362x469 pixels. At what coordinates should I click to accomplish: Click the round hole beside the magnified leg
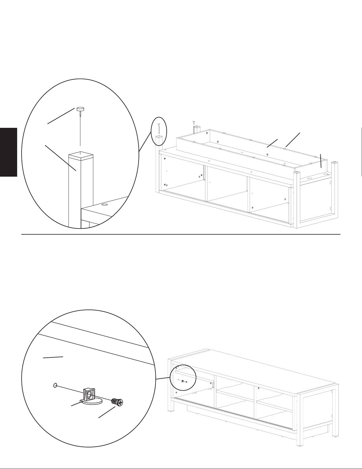point(104,204)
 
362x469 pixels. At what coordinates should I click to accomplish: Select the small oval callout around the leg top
point(159,131)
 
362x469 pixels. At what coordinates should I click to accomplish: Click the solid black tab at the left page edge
point(9,152)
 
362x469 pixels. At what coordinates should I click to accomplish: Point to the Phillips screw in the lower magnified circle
point(117,402)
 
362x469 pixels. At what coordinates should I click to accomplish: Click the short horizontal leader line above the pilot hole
point(53,357)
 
